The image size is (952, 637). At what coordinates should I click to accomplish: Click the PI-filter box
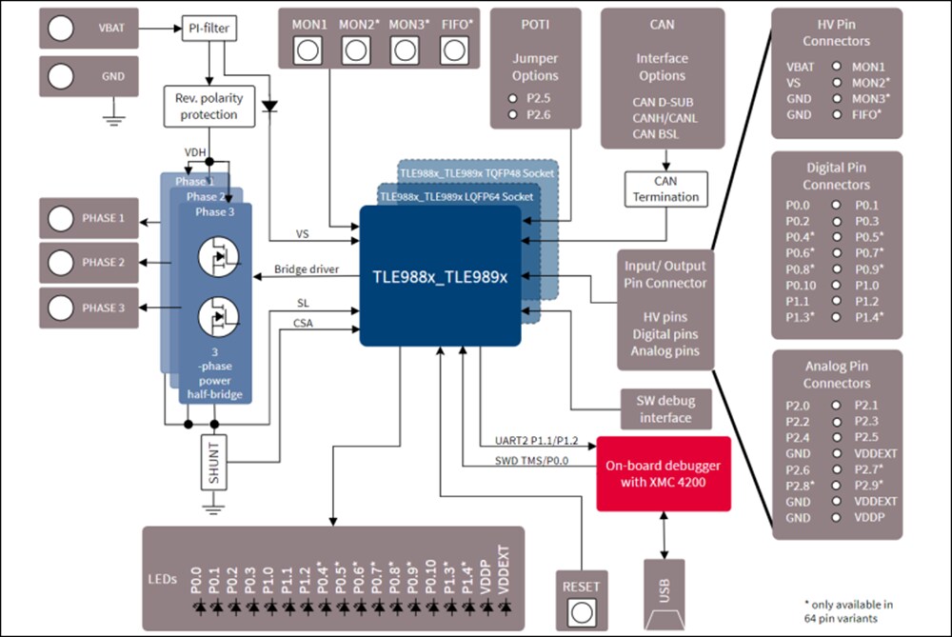click(208, 30)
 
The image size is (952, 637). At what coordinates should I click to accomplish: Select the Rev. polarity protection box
click(208, 107)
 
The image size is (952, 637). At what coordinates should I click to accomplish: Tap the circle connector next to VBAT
click(62, 29)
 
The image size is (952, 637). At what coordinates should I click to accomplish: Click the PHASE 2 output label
click(103, 263)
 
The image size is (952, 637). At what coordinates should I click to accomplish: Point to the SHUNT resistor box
click(215, 464)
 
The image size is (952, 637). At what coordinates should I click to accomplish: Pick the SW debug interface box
click(665, 408)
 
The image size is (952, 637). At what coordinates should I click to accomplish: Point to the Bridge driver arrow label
click(306, 270)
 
